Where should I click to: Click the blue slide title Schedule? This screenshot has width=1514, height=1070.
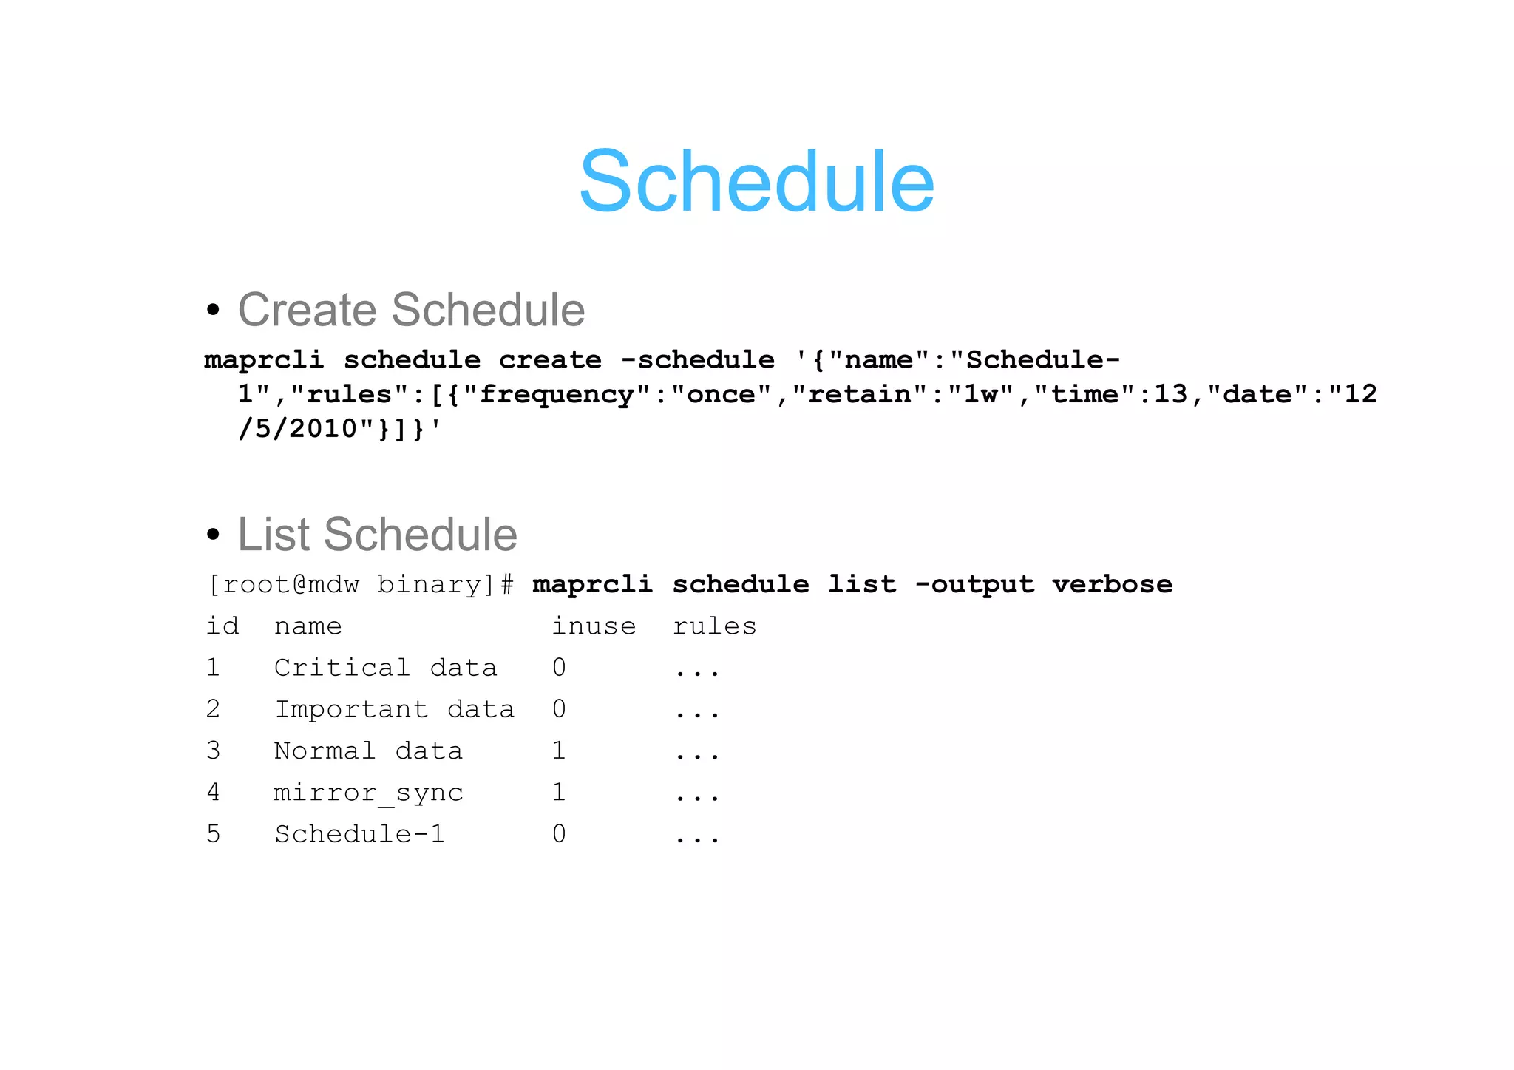(x=756, y=182)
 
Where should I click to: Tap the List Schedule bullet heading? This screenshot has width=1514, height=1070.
(x=377, y=534)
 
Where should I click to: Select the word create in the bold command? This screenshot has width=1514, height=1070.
(x=550, y=360)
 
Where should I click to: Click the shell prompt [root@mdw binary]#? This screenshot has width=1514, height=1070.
(x=360, y=585)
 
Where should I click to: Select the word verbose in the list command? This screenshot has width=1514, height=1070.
(x=1112, y=585)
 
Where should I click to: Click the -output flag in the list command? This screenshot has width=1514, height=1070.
(x=974, y=585)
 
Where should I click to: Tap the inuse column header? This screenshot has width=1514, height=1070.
(x=594, y=627)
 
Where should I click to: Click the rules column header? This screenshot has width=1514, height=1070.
(x=714, y=627)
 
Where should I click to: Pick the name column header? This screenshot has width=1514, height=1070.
(x=308, y=627)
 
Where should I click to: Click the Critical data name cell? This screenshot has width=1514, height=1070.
(x=385, y=668)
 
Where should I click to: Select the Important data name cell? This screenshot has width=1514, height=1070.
(x=394, y=710)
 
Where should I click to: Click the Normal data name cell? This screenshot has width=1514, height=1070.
(x=368, y=751)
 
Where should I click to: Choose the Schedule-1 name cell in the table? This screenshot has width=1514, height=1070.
(x=359, y=835)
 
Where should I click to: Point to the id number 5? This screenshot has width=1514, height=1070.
(x=213, y=835)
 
